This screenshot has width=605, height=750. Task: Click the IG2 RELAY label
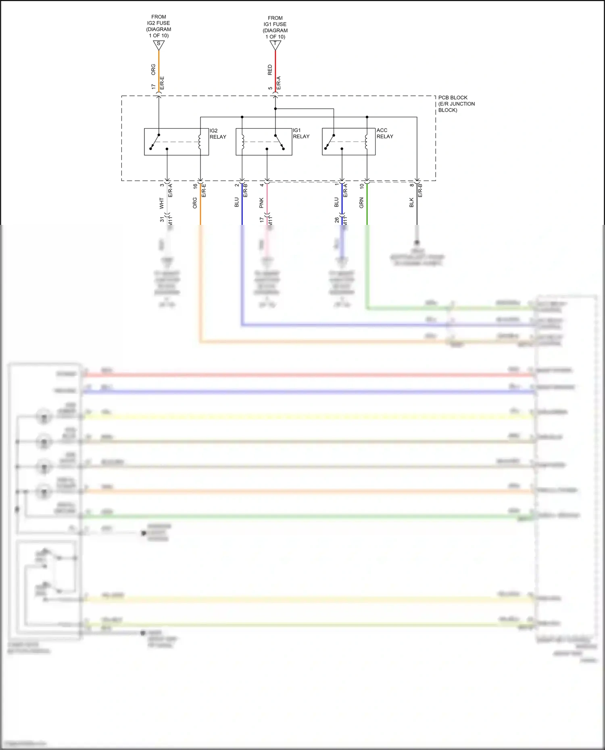[x=218, y=134]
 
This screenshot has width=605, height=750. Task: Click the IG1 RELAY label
[x=301, y=133]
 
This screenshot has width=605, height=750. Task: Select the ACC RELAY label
[x=384, y=133]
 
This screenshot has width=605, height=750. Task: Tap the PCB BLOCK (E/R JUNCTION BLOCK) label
[x=456, y=104]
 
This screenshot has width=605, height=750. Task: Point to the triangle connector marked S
[x=159, y=44]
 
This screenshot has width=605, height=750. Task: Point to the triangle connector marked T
[x=275, y=45]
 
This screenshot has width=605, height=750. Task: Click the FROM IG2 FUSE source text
[x=159, y=26]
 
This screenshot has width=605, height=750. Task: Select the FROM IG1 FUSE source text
[x=275, y=27]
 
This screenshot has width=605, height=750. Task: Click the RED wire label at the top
[x=270, y=70]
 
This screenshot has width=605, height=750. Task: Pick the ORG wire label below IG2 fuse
[x=153, y=69]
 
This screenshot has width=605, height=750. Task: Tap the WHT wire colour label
[x=162, y=203]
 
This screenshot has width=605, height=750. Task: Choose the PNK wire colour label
[x=261, y=203]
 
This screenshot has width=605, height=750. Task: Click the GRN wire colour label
[x=361, y=203]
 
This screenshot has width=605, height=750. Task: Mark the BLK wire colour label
[x=411, y=202]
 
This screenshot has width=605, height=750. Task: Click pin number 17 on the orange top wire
[x=153, y=87]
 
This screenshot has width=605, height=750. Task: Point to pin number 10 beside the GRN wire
[x=362, y=186]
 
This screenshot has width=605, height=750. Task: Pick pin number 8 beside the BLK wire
[x=412, y=185]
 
